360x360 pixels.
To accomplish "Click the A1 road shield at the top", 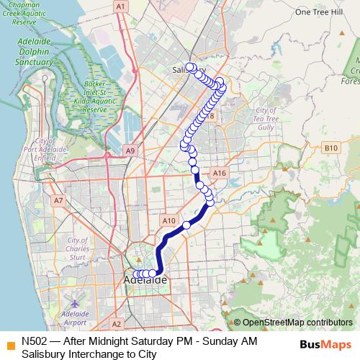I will pyautogui.click(x=121, y=6).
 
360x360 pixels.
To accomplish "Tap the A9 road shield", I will pyautogui.click(x=130, y=150).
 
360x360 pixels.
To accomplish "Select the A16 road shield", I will pyautogui.click(x=220, y=173).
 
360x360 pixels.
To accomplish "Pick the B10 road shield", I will pyautogui.click(x=330, y=148).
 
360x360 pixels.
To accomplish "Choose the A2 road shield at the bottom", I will pyautogui.click(x=117, y=324).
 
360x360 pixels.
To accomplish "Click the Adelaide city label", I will pyautogui.click(x=145, y=279).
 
